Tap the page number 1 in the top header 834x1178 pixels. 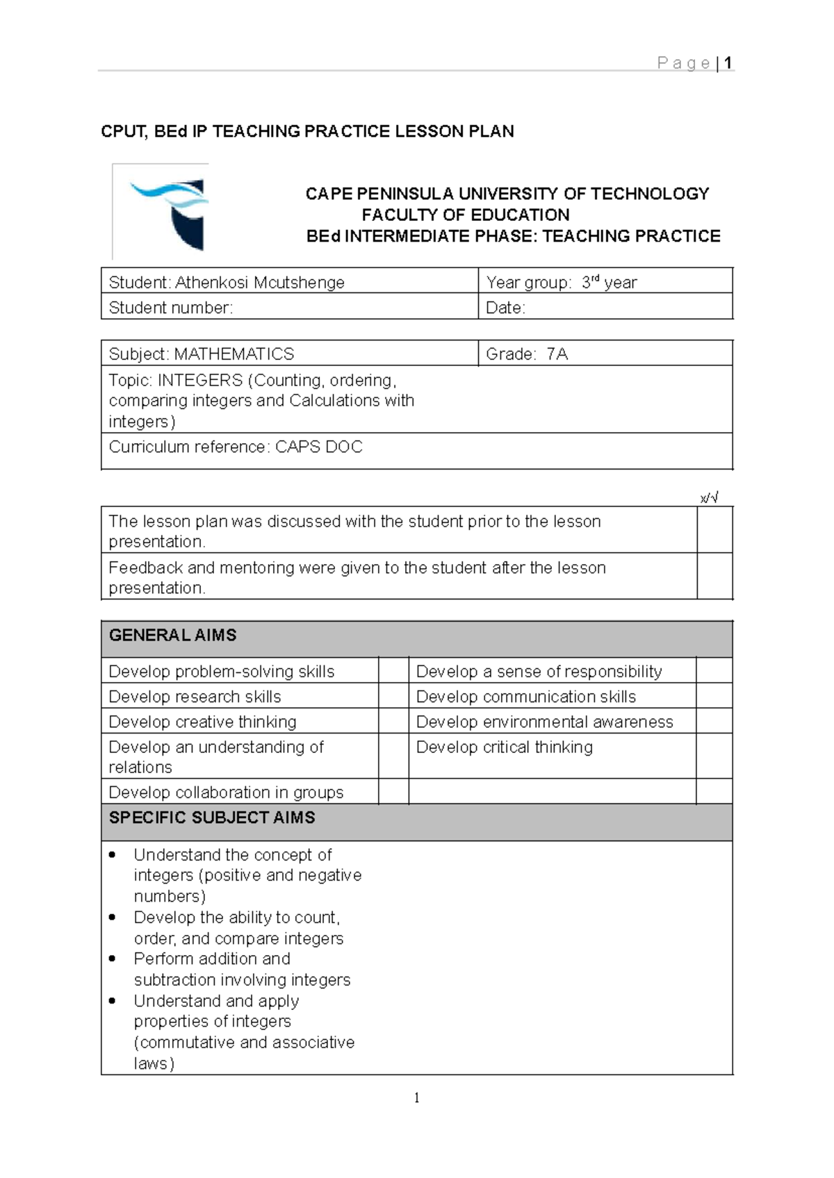(x=728, y=63)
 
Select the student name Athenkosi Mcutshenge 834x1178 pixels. (x=259, y=282)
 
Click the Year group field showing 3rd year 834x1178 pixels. (x=562, y=282)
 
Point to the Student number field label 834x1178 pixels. (x=170, y=308)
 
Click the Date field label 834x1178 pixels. (x=505, y=308)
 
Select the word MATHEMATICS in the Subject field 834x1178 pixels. (x=234, y=354)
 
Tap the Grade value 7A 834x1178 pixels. (x=557, y=354)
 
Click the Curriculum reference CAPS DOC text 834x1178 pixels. (x=318, y=447)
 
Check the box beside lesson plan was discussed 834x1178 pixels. (x=714, y=530)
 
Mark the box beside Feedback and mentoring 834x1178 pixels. (x=714, y=576)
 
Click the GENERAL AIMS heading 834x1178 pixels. (x=172, y=635)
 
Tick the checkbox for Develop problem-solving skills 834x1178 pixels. (x=393, y=671)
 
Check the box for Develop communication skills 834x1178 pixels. (x=714, y=696)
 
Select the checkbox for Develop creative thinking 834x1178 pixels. (x=393, y=722)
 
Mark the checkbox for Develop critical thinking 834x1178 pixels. (x=714, y=756)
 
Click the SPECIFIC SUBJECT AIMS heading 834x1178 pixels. (x=212, y=818)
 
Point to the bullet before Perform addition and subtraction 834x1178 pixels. (x=113, y=959)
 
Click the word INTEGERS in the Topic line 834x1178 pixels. (x=200, y=380)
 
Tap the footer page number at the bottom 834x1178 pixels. (x=416, y=1097)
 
